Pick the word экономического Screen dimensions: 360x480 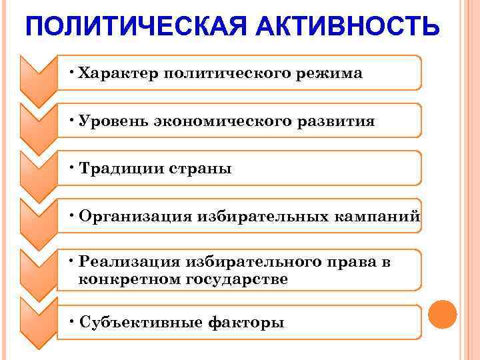click(x=217, y=122)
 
